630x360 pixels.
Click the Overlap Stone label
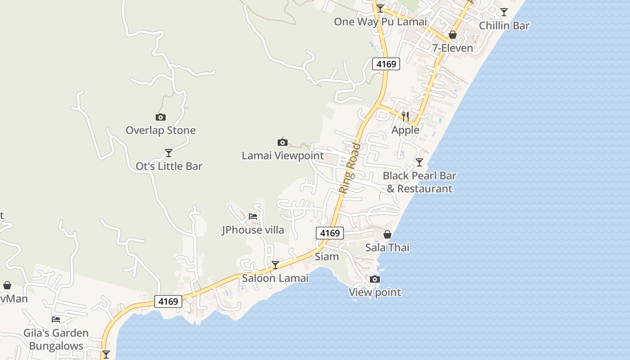pyautogui.click(x=161, y=130)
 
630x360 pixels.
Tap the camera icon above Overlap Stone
pyautogui.click(x=161, y=117)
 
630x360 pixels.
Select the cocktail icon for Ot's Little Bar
pyautogui.click(x=169, y=153)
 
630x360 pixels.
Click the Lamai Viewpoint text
pyautogui.click(x=283, y=156)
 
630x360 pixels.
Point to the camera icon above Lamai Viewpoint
pyautogui.click(x=283, y=143)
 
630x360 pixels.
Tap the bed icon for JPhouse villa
pyautogui.click(x=253, y=216)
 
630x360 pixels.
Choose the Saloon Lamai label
pyautogui.click(x=275, y=278)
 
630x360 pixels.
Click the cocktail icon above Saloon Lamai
pyautogui.click(x=275, y=265)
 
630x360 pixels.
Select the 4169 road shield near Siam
pyautogui.click(x=330, y=233)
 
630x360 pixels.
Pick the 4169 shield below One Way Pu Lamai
pyautogui.click(x=386, y=64)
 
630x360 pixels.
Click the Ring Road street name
pyautogui.click(x=350, y=168)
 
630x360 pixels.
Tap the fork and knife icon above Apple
pyautogui.click(x=405, y=117)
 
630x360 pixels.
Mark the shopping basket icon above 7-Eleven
pyautogui.click(x=453, y=35)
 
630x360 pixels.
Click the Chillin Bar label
pyautogui.click(x=504, y=26)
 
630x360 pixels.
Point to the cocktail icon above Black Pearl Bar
pyautogui.click(x=419, y=162)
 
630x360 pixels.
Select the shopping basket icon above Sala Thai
pyautogui.click(x=387, y=234)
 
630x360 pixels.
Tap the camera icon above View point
pyautogui.click(x=375, y=279)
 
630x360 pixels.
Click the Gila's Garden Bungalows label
pyautogui.click(x=56, y=339)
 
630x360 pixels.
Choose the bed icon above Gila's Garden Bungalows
pyautogui.click(x=56, y=319)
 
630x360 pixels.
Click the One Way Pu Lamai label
pyautogui.click(x=380, y=22)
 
